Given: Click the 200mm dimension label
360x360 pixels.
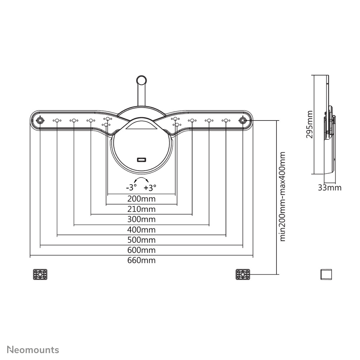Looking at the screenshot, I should tap(141, 199).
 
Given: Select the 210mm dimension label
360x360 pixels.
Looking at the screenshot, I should tap(141, 209).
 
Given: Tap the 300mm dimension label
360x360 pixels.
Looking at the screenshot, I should tap(141, 219).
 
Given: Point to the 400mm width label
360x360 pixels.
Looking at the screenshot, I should tap(141, 229).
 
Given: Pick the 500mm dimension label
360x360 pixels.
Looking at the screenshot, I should tap(141, 240).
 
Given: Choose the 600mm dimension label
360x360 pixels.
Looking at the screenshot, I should tap(141, 250).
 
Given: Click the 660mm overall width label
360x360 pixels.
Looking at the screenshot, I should tap(141, 260).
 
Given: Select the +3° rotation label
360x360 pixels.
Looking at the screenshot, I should tap(150, 187).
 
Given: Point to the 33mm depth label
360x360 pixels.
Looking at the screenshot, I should tap(330, 188).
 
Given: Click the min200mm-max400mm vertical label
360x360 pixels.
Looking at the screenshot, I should tap(283, 196).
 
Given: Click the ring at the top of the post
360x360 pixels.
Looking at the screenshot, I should tap(142, 79).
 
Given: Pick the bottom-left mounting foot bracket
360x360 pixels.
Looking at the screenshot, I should tap(40, 275).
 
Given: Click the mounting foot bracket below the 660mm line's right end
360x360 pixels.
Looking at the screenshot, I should tap(243, 275).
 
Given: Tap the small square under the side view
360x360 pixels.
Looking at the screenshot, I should tap(326, 274).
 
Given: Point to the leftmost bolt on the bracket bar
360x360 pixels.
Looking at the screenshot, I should tap(40, 120).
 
